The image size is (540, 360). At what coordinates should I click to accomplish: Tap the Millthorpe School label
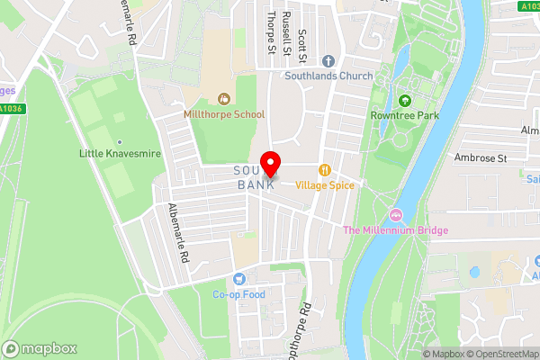click(224, 114)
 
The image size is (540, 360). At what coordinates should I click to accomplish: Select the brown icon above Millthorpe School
click(224, 98)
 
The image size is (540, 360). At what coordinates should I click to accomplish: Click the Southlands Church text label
click(328, 76)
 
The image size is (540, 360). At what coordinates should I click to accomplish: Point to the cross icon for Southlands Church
click(328, 61)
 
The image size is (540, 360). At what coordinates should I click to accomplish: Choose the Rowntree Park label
click(403, 116)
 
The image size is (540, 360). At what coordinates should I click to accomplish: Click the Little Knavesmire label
click(120, 154)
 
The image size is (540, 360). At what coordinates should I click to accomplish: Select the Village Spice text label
click(325, 184)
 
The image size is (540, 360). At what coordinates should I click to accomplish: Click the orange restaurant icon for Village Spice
click(325, 169)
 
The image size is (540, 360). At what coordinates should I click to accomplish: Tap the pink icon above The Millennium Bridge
click(395, 214)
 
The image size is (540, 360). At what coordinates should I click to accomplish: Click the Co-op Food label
click(238, 294)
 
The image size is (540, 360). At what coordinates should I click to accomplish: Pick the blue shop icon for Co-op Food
click(238, 278)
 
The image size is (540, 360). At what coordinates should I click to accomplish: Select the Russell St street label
click(286, 32)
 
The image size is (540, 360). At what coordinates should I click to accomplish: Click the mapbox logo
click(40, 348)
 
